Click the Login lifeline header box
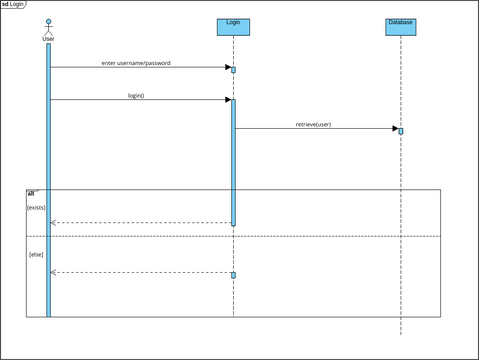pos(233,26)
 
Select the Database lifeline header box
pos(400,26)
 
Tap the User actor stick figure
pos(48,26)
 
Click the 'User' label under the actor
pos(48,39)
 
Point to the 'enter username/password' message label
pos(136,63)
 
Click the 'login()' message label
pos(136,95)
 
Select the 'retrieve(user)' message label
pos(313,124)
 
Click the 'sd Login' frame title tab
pos(13,4)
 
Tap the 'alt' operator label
pos(31,192)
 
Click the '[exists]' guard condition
pos(36,207)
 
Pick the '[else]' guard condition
pos(36,254)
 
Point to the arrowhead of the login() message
pos(228,99)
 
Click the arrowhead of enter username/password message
pos(228,67)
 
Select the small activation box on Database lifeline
pos(401,131)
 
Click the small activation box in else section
pos(233,275)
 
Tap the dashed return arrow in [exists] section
pos(140,223)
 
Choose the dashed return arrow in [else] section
pos(140,272)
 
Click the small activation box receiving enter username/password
pos(233,70)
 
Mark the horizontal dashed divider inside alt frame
pos(300,236)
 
